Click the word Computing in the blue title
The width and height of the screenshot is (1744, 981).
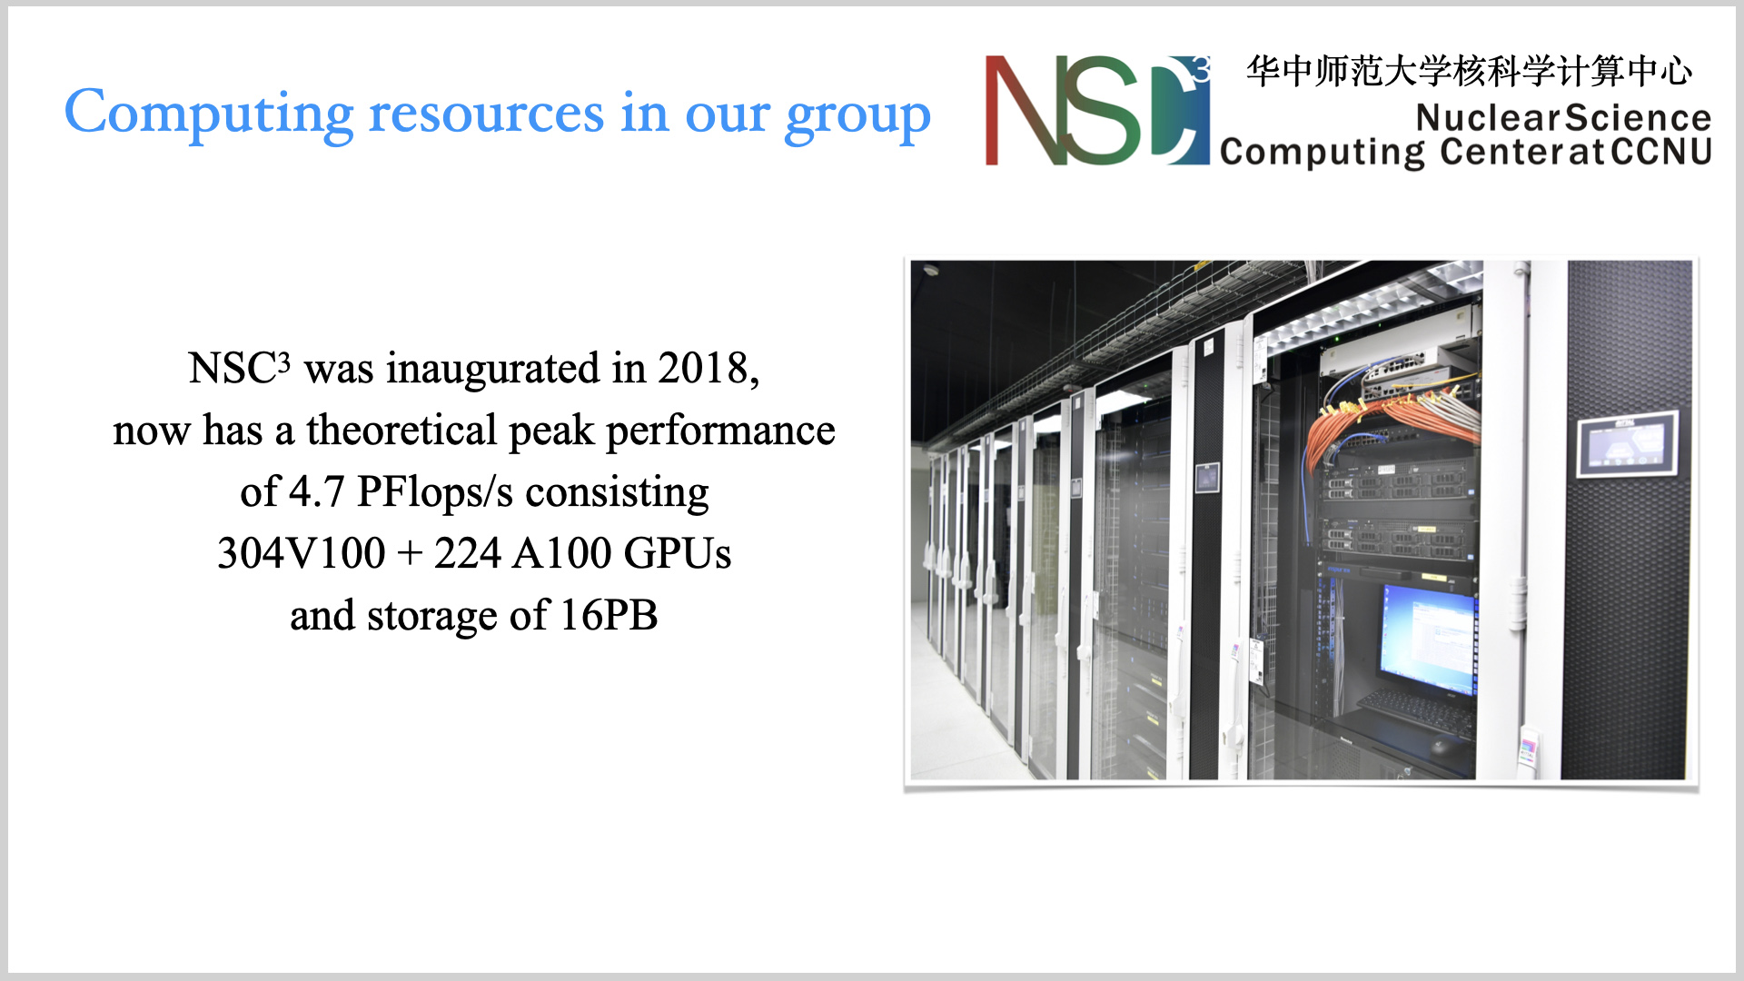click(208, 114)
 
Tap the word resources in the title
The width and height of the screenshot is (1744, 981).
click(486, 114)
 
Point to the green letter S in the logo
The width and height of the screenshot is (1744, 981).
click(1102, 111)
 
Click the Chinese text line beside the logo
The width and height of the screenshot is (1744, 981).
click(1469, 71)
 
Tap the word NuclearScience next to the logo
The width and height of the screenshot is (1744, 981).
click(1563, 117)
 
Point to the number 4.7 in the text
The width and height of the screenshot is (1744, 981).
click(316, 491)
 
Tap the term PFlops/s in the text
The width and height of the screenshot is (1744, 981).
click(435, 493)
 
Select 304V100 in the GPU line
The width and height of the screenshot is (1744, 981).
click(301, 553)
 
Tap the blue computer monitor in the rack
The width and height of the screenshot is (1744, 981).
click(1426, 639)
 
